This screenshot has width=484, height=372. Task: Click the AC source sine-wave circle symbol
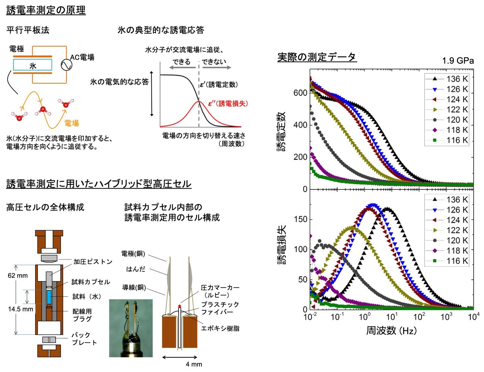[x=66, y=65]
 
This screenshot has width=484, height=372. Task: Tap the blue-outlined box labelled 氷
[x=33, y=65]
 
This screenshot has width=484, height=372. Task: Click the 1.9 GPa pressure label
[x=458, y=61]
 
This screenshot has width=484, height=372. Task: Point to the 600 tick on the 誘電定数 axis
[x=300, y=93]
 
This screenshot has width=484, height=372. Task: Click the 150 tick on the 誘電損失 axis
[x=301, y=219]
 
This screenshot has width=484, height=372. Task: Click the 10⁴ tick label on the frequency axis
[x=473, y=316]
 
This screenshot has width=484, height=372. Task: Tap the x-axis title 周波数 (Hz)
[x=391, y=330]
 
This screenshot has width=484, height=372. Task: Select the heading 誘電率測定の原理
[x=46, y=10]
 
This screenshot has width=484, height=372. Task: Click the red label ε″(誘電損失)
[x=228, y=104]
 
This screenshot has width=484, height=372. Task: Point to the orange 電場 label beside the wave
[x=72, y=123]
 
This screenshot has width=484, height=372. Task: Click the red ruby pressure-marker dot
[x=180, y=306]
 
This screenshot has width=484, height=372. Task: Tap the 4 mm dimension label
[x=194, y=364]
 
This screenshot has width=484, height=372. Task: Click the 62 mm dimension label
[x=18, y=276]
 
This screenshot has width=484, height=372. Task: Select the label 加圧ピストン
[x=93, y=262]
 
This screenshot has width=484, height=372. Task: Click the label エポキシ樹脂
[x=220, y=328]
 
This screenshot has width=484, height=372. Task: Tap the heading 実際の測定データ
[x=317, y=57]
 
